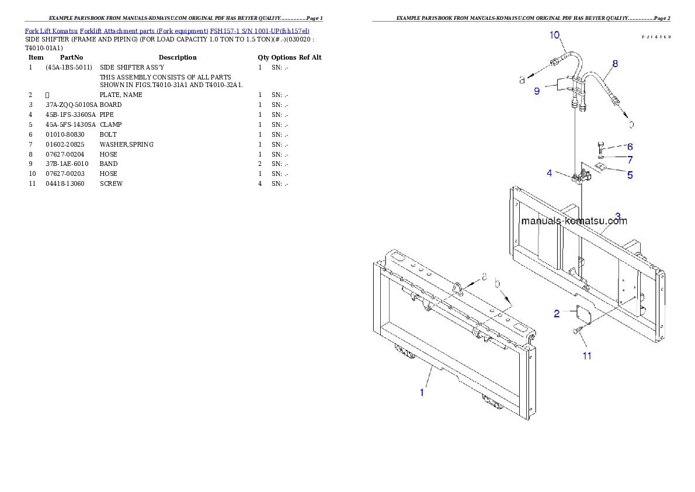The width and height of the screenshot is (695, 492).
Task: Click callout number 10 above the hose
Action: click(x=555, y=35)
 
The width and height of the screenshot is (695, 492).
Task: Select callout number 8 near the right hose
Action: click(x=615, y=64)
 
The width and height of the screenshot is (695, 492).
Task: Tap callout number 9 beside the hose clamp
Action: click(x=536, y=91)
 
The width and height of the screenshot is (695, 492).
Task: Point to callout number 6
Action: click(x=630, y=147)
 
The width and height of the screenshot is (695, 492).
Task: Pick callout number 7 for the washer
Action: click(x=630, y=160)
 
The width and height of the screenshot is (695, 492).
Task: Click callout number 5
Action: click(x=630, y=175)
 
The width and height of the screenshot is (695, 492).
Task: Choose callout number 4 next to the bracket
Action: click(x=550, y=173)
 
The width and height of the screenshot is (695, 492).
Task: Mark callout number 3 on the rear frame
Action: click(x=618, y=216)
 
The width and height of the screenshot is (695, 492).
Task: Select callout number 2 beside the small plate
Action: click(x=557, y=314)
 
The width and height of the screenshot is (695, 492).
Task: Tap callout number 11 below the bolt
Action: click(x=586, y=355)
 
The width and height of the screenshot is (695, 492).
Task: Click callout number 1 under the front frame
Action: click(x=422, y=393)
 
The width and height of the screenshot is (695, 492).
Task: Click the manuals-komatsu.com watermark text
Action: click(x=574, y=221)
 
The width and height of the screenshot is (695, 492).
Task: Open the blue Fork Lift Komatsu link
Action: click(x=166, y=30)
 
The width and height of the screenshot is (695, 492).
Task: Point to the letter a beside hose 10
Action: click(x=522, y=80)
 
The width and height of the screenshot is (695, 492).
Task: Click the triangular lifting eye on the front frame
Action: click(x=458, y=289)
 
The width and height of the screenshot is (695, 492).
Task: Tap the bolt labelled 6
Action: click(x=600, y=146)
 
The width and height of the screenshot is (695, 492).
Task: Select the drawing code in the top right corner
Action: click(x=655, y=36)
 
